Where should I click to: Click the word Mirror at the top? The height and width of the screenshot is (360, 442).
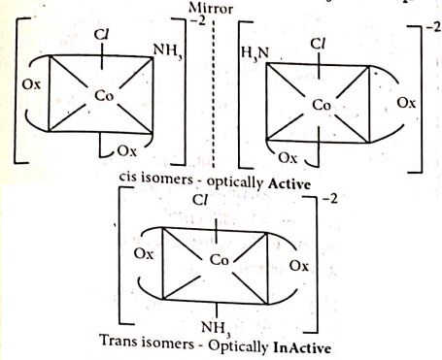point(211,9)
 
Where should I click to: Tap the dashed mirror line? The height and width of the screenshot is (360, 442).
point(214,94)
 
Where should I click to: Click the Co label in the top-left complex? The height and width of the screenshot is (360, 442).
point(104,96)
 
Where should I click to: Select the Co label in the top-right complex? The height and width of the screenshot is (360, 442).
point(322,105)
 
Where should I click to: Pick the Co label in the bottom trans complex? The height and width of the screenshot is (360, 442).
point(220,260)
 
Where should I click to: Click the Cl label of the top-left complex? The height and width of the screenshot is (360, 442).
point(101,34)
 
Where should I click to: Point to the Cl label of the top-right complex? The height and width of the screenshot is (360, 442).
point(317,44)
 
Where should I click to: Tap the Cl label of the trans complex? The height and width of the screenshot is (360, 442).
point(199,201)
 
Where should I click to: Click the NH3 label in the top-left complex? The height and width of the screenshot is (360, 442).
point(167,50)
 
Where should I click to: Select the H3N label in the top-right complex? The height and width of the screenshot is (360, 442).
point(255,53)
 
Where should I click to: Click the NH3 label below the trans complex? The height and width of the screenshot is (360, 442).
point(217,328)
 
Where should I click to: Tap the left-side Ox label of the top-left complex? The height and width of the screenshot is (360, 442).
point(31,84)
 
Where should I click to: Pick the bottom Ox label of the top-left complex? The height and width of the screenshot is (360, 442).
point(127,151)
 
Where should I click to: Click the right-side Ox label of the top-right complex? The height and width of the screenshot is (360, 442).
point(406,103)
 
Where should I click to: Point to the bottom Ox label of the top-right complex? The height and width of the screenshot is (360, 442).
point(288,158)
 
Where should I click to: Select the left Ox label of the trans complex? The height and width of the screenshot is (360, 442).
point(144,254)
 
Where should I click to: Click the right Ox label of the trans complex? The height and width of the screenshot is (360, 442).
point(299,266)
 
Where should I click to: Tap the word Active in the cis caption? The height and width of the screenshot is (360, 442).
point(289,184)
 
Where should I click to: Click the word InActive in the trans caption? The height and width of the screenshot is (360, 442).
point(302,348)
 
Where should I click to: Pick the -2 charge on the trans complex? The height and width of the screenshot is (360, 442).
point(330,198)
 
